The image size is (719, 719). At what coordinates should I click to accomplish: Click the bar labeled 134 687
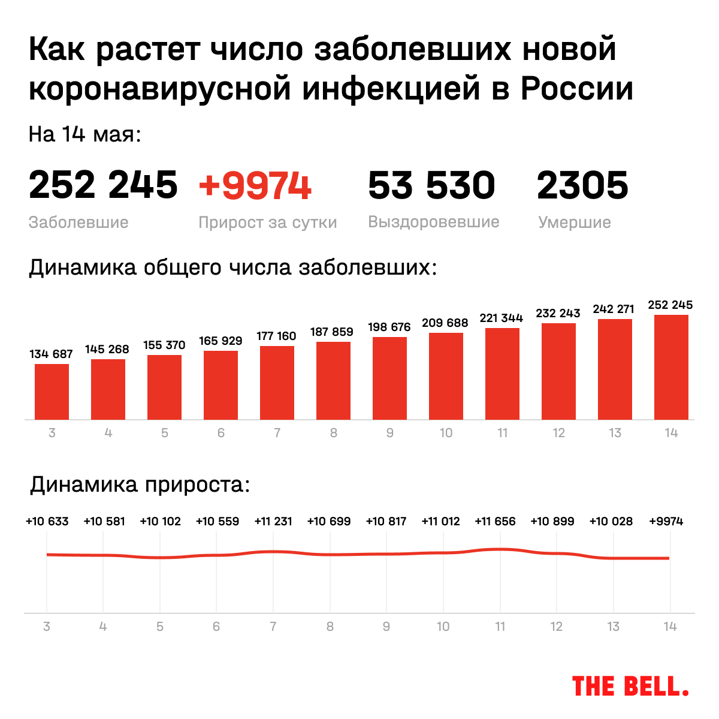click(x=52, y=392)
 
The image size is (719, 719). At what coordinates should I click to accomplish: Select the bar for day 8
click(x=333, y=380)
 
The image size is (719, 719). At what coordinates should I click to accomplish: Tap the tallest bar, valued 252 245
click(x=671, y=367)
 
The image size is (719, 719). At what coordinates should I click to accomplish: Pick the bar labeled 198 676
click(x=389, y=378)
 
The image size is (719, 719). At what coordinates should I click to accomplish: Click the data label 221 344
click(x=502, y=318)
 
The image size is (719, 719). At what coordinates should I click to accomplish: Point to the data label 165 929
click(x=220, y=341)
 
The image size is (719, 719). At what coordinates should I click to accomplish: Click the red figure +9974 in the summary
click(x=255, y=185)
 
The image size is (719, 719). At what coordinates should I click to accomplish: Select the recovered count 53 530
click(x=431, y=185)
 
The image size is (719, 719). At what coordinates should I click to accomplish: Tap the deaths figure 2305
click(x=582, y=185)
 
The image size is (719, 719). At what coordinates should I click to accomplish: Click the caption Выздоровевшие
click(x=433, y=222)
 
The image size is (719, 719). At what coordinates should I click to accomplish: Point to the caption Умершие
click(x=574, y=222)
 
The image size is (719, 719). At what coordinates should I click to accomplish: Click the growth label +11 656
click(x=495, y=521)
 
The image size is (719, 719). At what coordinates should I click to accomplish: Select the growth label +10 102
click(x=160, y=521)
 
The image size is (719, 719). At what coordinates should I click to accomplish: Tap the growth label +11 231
click(x=273, y=521)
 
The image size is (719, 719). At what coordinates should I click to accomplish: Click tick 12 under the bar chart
click(x=558, y=433)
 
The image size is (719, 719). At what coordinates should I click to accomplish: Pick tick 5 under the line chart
click(x=160, y=627)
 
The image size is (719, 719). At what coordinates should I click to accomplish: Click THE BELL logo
click(x=630, y=686)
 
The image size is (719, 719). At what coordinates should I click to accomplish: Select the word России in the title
click(x=576, y=88)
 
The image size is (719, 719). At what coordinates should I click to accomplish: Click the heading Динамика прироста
click(x=140, y=484)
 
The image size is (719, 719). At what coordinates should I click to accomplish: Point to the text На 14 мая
click(x=84, y=134)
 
